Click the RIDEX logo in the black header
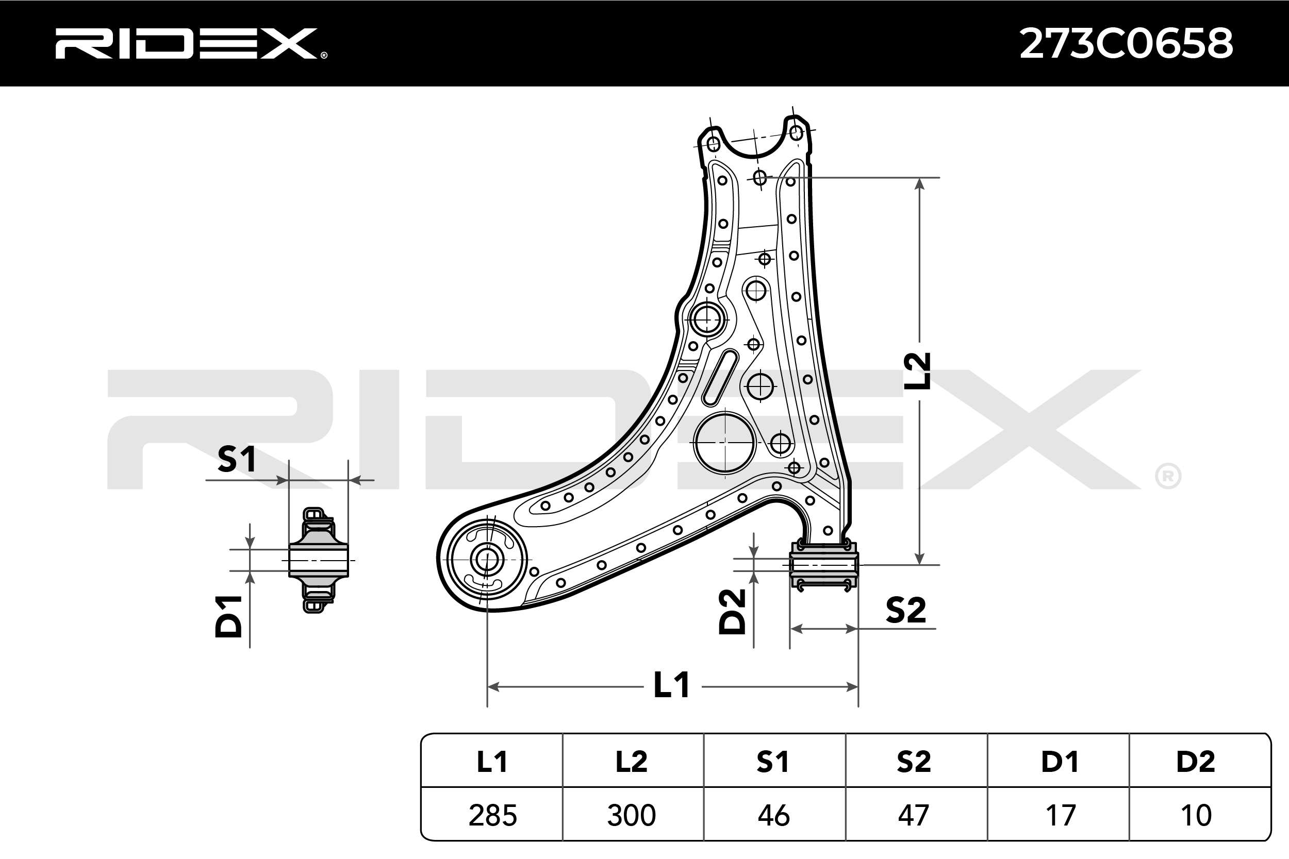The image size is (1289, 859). (x=190, y=44)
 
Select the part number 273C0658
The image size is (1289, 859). (x=1126, y=44)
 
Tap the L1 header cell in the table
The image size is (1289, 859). (x=491, y=762)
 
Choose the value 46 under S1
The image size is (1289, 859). (x=773, y=815)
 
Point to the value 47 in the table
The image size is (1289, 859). (x=914, y=815)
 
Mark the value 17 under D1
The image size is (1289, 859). (x=1060, y=815)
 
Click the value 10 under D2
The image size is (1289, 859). (x=1196, y=815)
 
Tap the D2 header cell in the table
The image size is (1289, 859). (x=1195, y=762)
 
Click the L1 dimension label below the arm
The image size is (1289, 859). (x=671, y=685)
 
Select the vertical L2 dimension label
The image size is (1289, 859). (x=917, y=371)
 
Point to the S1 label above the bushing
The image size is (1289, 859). (x=236, y=459)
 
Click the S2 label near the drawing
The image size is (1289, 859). (x=905, y=610)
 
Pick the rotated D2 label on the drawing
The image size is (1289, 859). (x=732, y=611)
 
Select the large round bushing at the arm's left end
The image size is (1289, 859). (x=486, y=560)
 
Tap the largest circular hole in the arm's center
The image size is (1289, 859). (x=724, y=443)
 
